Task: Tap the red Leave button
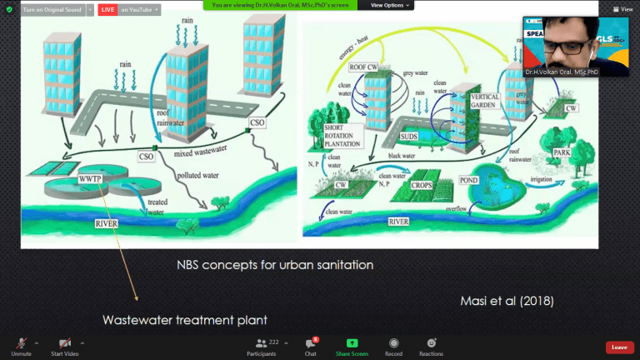point(618,347)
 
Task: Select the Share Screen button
point(352,345)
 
